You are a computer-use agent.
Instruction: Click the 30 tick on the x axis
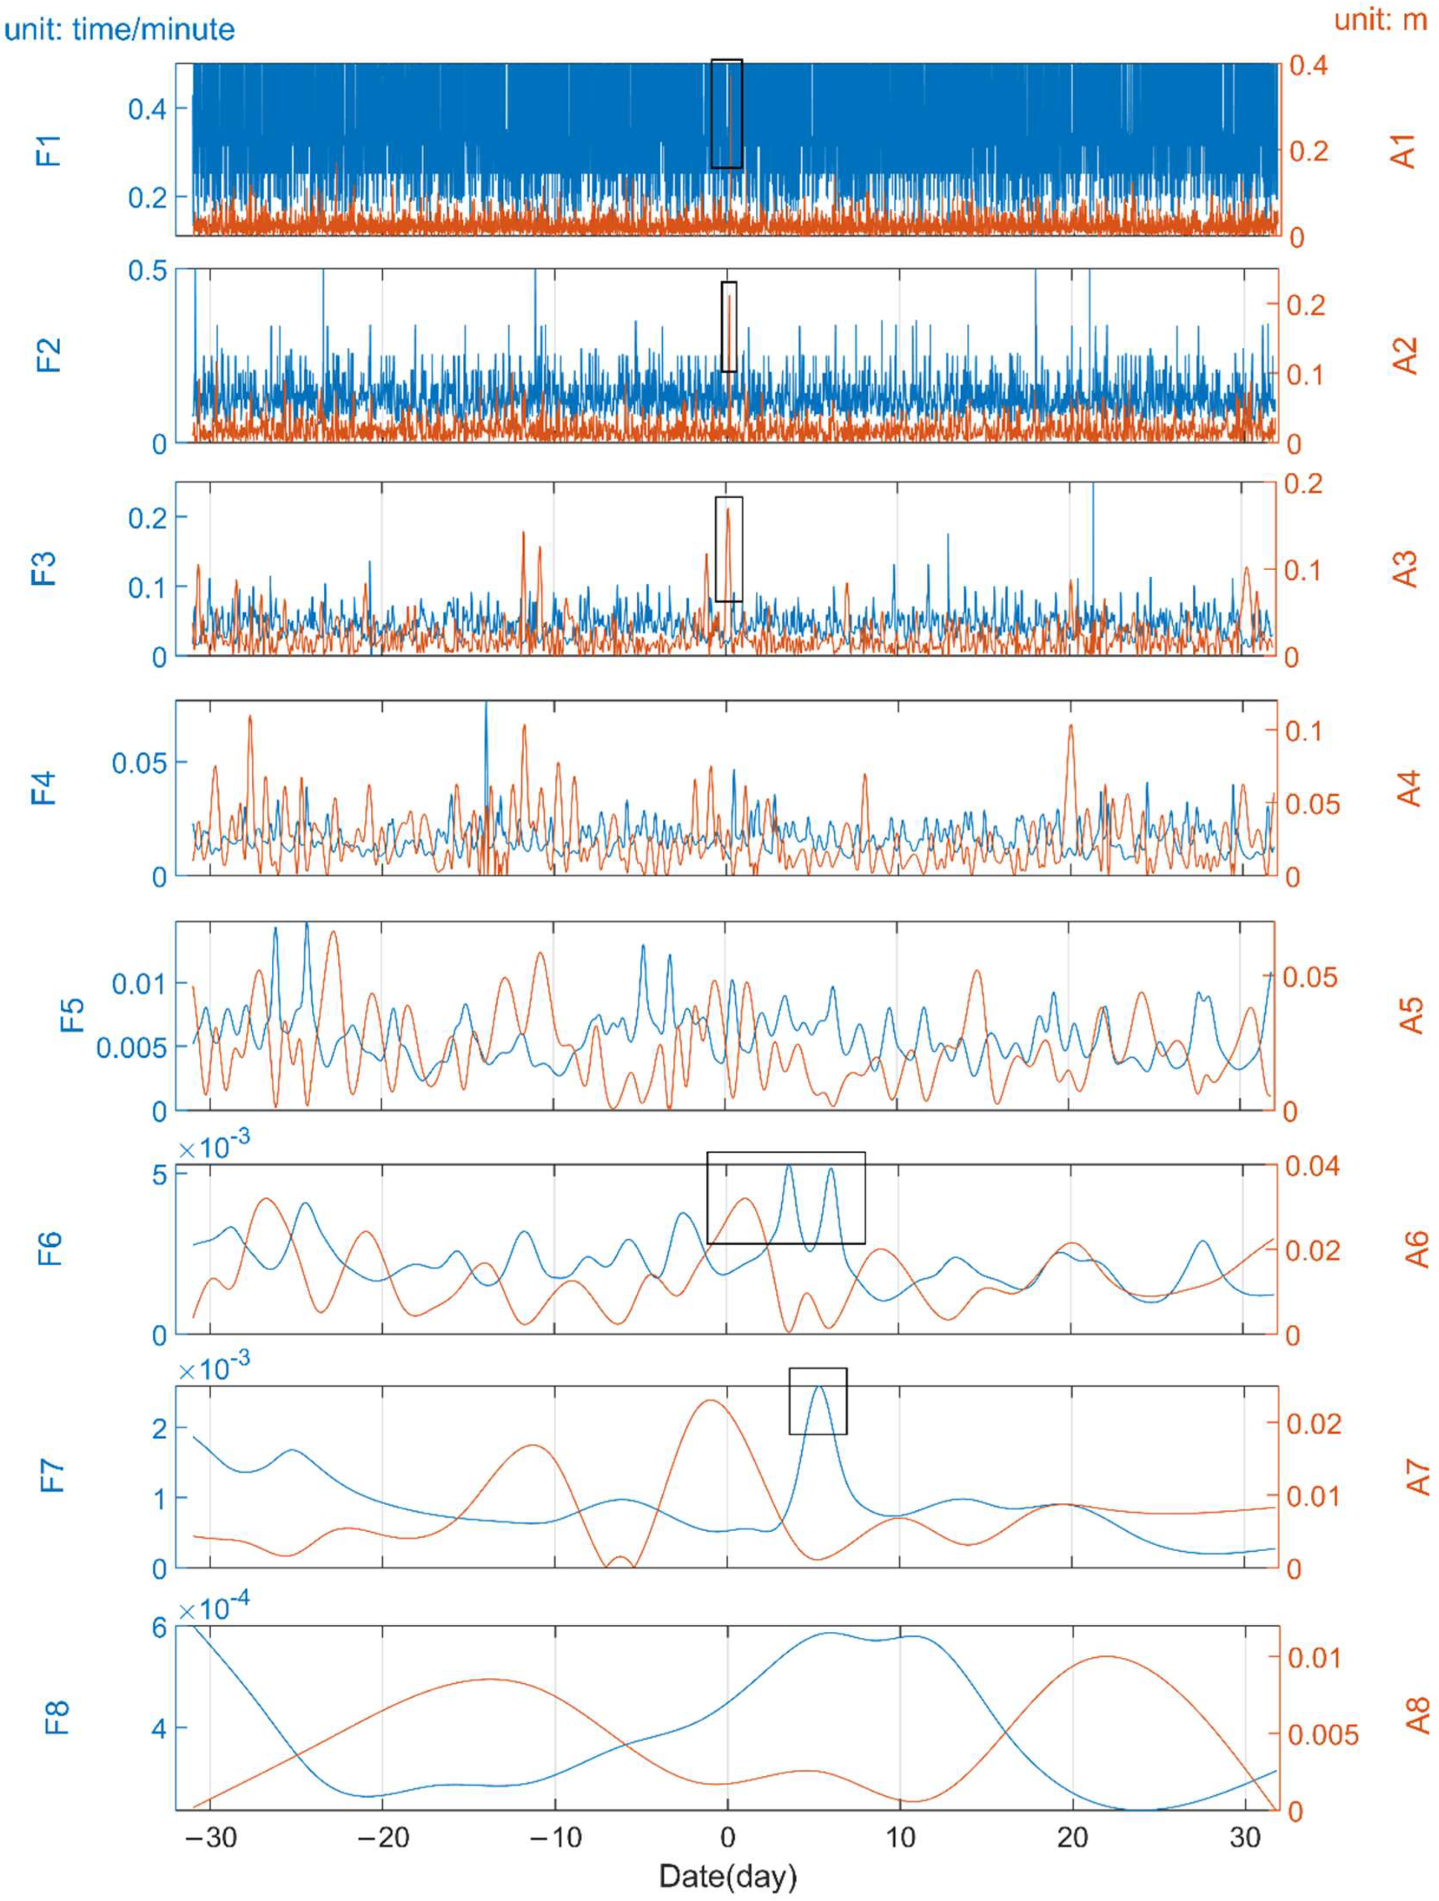pos(1246,1837)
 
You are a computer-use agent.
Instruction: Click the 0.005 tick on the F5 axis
pos(131,1048)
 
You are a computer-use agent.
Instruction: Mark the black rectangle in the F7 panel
pos(818,1401)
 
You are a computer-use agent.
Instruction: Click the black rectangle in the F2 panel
pos(728,326)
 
